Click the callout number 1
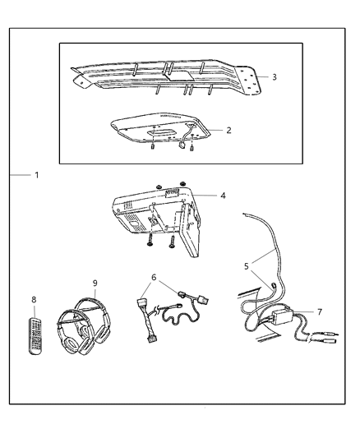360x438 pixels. pos(36,175)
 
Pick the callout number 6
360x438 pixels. pos(153,278)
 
